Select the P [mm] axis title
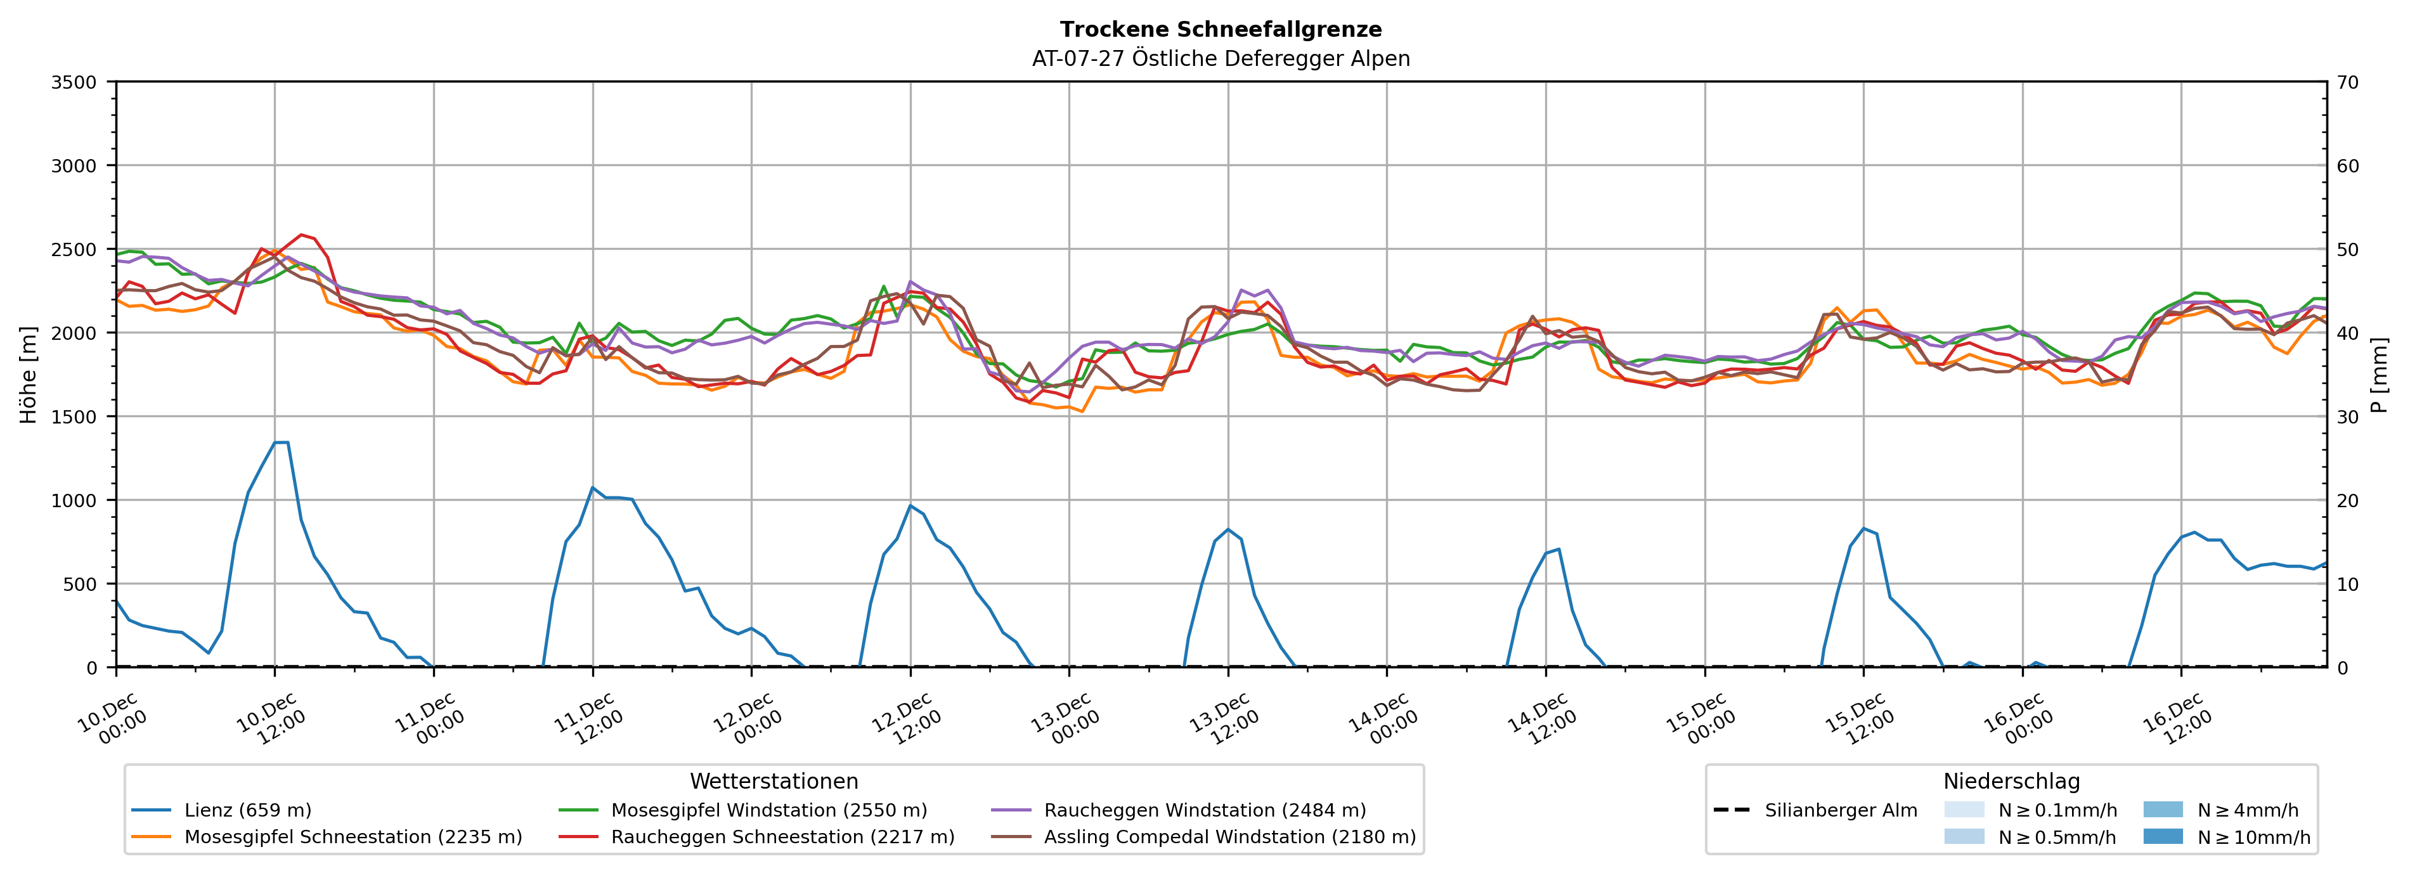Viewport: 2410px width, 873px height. [x=2379, y=374]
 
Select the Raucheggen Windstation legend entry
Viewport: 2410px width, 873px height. [x=1204, y=810]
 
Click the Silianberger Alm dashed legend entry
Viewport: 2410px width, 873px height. [x=1840, y=810]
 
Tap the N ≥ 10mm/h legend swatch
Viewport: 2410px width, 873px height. [x=2162, y=836]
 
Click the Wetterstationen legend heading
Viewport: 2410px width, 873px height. [x=774, y=781]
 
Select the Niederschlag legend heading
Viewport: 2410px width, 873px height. [x=2011, y=781]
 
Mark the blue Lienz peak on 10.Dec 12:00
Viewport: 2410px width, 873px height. [x=281, y=442]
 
